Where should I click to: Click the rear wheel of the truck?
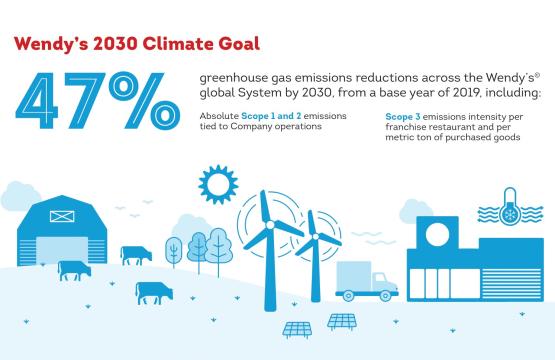(349, 295)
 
